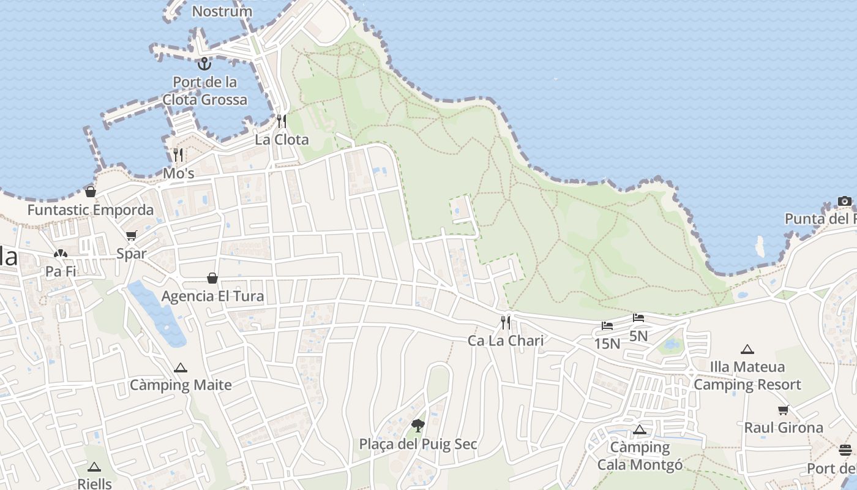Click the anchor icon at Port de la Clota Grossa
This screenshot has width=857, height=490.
pos(204,63)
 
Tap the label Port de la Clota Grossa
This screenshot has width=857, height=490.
pos(205,91)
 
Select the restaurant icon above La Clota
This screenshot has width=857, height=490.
pos(282,121)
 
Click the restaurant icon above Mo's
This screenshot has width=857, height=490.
pos(178,154)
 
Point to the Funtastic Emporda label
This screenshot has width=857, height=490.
pos(91,210)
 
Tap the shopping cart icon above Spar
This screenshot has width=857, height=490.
pos(132,236)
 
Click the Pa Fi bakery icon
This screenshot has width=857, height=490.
pos(60,254)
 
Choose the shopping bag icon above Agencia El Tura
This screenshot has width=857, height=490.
pos(212,279)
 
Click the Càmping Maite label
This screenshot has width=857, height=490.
pos(181,385)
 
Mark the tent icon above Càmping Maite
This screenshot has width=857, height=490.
pos(180,368)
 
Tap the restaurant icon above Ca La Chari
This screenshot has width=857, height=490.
pos(506,322)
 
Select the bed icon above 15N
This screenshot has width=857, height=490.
pos(607,326)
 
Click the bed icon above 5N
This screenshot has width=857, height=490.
pos(638,318)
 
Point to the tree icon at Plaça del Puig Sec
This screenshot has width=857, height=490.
pos(418,426)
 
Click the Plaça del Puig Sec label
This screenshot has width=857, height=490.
pos(418,444)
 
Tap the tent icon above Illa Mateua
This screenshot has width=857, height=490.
pos(747,350)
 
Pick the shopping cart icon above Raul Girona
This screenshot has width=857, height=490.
pos(784,410)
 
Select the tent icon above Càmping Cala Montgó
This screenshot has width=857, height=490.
pos(640,429)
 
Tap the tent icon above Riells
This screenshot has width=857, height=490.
pos(94,467)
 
